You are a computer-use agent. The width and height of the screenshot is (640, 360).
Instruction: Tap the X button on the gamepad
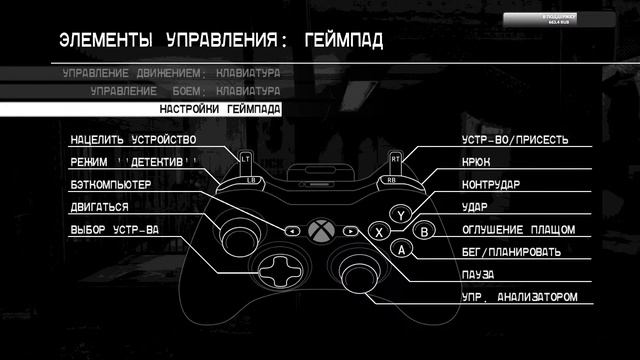click(x=379, y=231)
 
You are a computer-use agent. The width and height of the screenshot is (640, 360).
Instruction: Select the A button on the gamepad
click(x=401, y=249)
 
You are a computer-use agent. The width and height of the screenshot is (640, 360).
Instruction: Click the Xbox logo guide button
click(x=320, y=230)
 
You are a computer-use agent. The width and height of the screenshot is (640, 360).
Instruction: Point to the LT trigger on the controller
click(x=245, y=158)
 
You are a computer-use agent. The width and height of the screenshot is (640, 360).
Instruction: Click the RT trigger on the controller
click(x=396, y=158)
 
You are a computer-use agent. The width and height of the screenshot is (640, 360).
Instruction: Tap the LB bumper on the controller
click(x=250, y=181)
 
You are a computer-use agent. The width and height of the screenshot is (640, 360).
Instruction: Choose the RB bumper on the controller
click(x=391, y=181)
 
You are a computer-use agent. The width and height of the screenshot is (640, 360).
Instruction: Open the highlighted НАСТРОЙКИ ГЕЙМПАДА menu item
click(x=220, y=109)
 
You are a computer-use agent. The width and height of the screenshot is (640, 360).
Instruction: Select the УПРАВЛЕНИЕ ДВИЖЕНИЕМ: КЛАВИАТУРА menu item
click(x=170, y=74)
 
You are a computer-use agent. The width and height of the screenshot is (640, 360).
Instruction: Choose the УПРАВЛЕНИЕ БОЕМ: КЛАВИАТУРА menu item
click(x=184, y=91)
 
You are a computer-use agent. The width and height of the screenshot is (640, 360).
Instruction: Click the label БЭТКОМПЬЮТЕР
click(x=110, y=186)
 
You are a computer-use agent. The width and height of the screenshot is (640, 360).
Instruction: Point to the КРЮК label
click(x=476, y=163)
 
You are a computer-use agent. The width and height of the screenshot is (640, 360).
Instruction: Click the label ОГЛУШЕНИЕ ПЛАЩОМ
click(x=518, y=230)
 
